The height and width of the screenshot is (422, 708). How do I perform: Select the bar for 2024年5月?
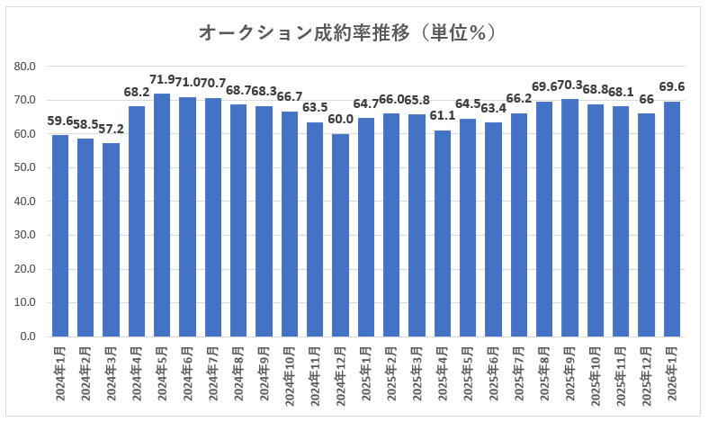click(162, 215)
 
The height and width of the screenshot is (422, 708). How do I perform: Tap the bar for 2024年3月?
click(112, 239)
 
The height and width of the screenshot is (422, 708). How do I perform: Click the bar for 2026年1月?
click(672, 219)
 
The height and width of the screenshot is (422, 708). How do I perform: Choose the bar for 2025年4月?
click(443, 233)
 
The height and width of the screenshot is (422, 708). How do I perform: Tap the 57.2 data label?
click(111, 130)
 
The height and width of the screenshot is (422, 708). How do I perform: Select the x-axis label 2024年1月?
click(60, 370)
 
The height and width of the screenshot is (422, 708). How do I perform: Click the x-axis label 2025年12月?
click(647, 372)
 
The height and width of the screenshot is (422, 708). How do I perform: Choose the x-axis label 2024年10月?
click(290, 373)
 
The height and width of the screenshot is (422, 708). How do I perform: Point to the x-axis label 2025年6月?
click(493, 370)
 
